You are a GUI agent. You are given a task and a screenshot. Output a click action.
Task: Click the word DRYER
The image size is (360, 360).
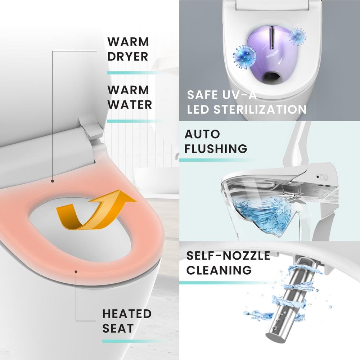pos(128,57)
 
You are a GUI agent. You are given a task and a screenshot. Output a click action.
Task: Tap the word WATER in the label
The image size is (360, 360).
pos(130,104)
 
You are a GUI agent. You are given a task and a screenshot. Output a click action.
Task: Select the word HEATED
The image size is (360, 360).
pos(127,314)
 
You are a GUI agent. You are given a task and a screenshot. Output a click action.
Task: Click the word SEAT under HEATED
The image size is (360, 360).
pos(118,328)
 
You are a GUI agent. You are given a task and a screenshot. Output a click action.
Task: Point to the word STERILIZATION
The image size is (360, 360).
pos(260,109)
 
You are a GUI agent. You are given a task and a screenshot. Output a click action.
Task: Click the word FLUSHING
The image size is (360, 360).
pos(216,149)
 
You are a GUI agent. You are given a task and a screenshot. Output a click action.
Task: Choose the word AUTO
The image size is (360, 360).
pos(202,134)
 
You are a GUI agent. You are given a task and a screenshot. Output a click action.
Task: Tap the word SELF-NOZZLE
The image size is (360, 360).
pos(228,256)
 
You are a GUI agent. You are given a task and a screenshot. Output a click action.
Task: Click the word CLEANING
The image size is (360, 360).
pos(219,270)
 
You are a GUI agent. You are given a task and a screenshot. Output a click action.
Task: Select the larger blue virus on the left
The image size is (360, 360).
pos(244,57)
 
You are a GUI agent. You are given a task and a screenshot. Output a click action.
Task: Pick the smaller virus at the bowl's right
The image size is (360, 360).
pos(297,36)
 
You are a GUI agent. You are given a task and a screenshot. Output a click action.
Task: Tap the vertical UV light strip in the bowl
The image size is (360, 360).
pos(272,37)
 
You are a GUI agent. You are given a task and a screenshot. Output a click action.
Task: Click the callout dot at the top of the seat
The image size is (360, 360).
pos(53,181)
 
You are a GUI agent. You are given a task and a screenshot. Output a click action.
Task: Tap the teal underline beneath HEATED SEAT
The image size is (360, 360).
pos(133,341)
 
